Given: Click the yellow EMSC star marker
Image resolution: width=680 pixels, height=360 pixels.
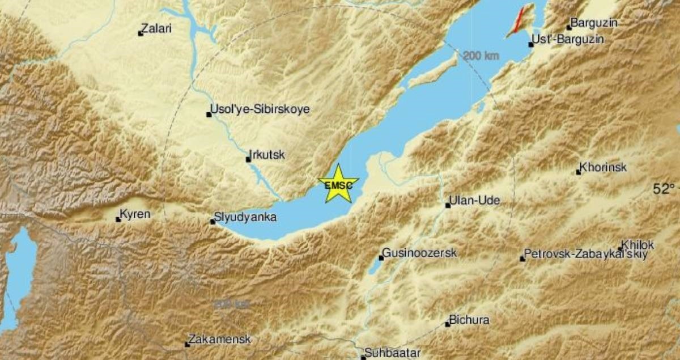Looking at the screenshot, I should click(x=338, y=184).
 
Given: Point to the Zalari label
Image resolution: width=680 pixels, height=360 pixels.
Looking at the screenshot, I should click(x=158, y=28).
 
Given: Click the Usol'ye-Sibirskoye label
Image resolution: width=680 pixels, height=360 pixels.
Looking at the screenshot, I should click(x=260, y=109).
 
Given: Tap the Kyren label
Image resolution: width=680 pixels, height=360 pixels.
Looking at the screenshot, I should click(x=136, y=214).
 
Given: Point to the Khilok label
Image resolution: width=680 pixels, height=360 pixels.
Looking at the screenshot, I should click(x=637, y=245).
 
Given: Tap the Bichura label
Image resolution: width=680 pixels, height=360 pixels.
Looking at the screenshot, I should click(x=469, y=320).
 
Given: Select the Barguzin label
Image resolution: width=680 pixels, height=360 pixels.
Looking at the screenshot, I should click(x=594, y=23).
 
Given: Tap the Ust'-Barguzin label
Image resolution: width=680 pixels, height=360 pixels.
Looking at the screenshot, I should click(x=569, y=40).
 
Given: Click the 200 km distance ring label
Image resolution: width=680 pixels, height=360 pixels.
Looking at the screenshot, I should click(x=481, y=56).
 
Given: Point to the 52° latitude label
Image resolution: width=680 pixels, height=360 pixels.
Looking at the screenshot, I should click(x=664, y=189).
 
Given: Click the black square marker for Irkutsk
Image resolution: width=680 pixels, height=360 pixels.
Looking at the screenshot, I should click(x=248, y=159).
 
